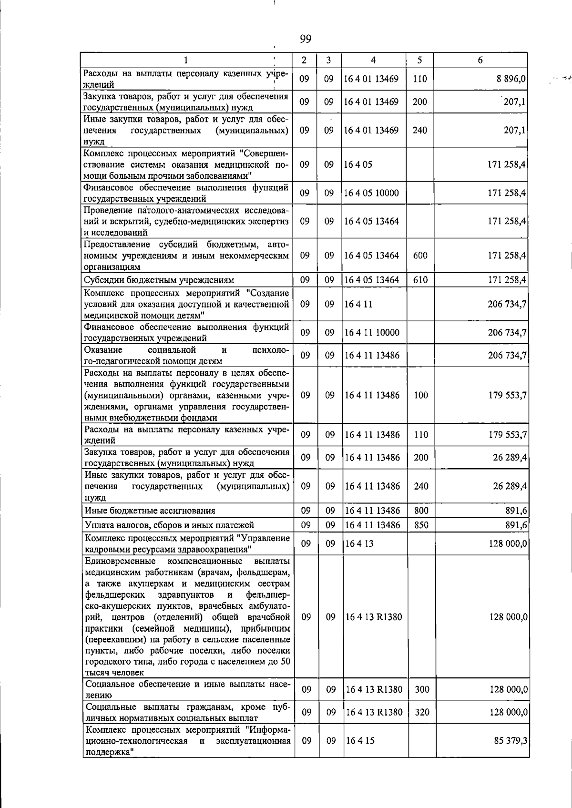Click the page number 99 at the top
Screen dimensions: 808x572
(306, 39)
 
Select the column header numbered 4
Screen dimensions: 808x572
(373, 60)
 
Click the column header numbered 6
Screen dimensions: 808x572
(480, 60)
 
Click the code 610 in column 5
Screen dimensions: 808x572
(420, 280)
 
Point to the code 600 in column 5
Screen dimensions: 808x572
(420, 256)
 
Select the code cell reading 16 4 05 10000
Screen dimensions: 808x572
(371, 193)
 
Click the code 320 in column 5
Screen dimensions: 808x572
(422, 713)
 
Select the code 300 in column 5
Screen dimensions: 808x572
(422, 689)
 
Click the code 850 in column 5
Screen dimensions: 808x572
(421, 525)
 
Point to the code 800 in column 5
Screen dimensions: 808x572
(421, 511)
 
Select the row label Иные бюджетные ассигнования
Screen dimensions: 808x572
(150, 511)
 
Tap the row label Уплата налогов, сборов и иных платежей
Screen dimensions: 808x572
(169, 525)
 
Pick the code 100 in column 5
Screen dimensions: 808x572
(421, 395)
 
